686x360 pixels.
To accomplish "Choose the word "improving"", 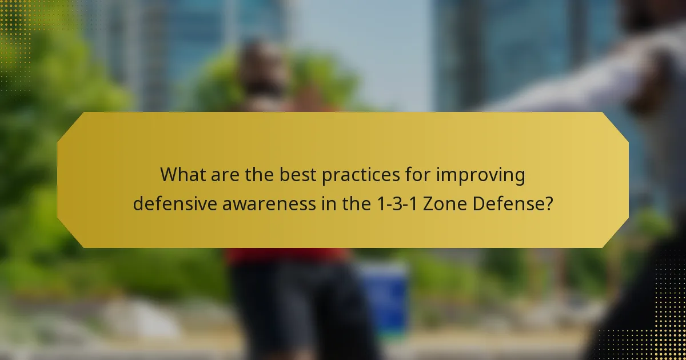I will pyautogui.click(x=481, y=176).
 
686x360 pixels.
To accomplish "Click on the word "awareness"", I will pyautogui.click(x=272, y=205).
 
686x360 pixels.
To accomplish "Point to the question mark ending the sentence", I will pyautogui.click(x=549, y=205).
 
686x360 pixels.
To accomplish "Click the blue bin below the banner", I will pyautogui.click(x=384, y=291).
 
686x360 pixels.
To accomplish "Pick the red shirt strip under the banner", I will pyautogui.click(x=286, y=255).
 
